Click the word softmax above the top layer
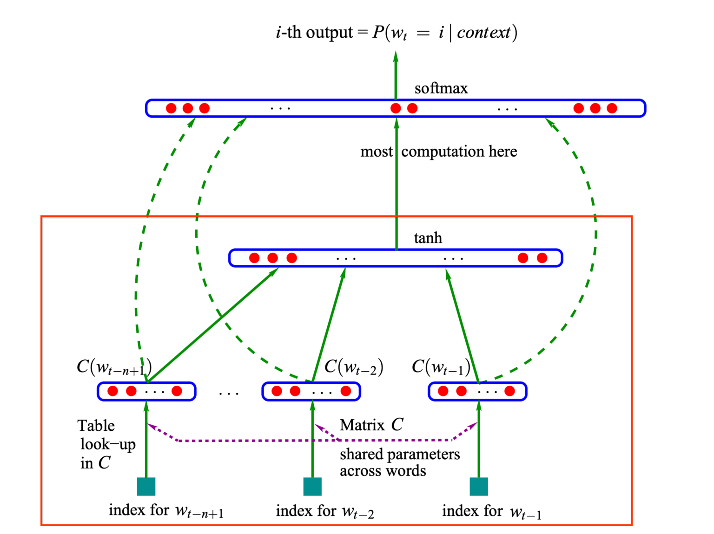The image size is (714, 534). pyautogui.click(x=441, y=88)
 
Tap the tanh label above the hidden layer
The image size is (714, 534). pyautogui.click(x=428, y=238)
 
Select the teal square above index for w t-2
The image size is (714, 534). pyautogui.click(x=312, y=487)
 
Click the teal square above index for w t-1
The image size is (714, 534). pyautogui.click(x=479, y=487)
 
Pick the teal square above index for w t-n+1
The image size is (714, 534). pyautogui.click(x=146, y=487)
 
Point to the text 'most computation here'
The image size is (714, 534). pyautogui.click(x=438, y=152)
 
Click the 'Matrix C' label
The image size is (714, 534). pyautogui.click(x=371, y=425)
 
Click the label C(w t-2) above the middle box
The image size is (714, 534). pyautogui.click(x=354, y=367)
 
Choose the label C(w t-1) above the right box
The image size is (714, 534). pyautogui.click(x=441, y=367)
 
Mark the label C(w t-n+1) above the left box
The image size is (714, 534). pyautogui.click(x=114, y=368)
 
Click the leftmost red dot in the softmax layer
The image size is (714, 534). pyautogui.click(x=171, y=108)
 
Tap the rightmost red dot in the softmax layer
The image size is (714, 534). pyautogui.click(x=612, y=108)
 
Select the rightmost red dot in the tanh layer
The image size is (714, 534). pyautogui.click(x=542, y=258)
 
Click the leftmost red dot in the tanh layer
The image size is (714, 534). pyautogui.click(x=254, y=258)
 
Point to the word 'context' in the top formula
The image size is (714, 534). pyautogui.click(x=483, y=33)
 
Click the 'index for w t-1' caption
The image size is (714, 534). pyautogui.click(x=491, y=512)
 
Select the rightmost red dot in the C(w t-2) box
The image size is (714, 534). pyautogui.click(x=345, y=391)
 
